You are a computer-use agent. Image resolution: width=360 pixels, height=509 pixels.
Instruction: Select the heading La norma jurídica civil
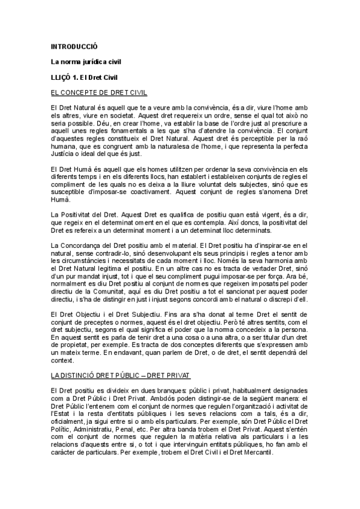tap(81, 62)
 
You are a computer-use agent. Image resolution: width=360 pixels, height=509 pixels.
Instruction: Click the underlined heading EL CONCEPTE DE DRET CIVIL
tap(99, 93)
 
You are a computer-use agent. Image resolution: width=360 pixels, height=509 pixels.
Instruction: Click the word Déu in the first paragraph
tap(145, 122)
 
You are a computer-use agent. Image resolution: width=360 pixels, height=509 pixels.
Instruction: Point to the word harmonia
tap(278, 268)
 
